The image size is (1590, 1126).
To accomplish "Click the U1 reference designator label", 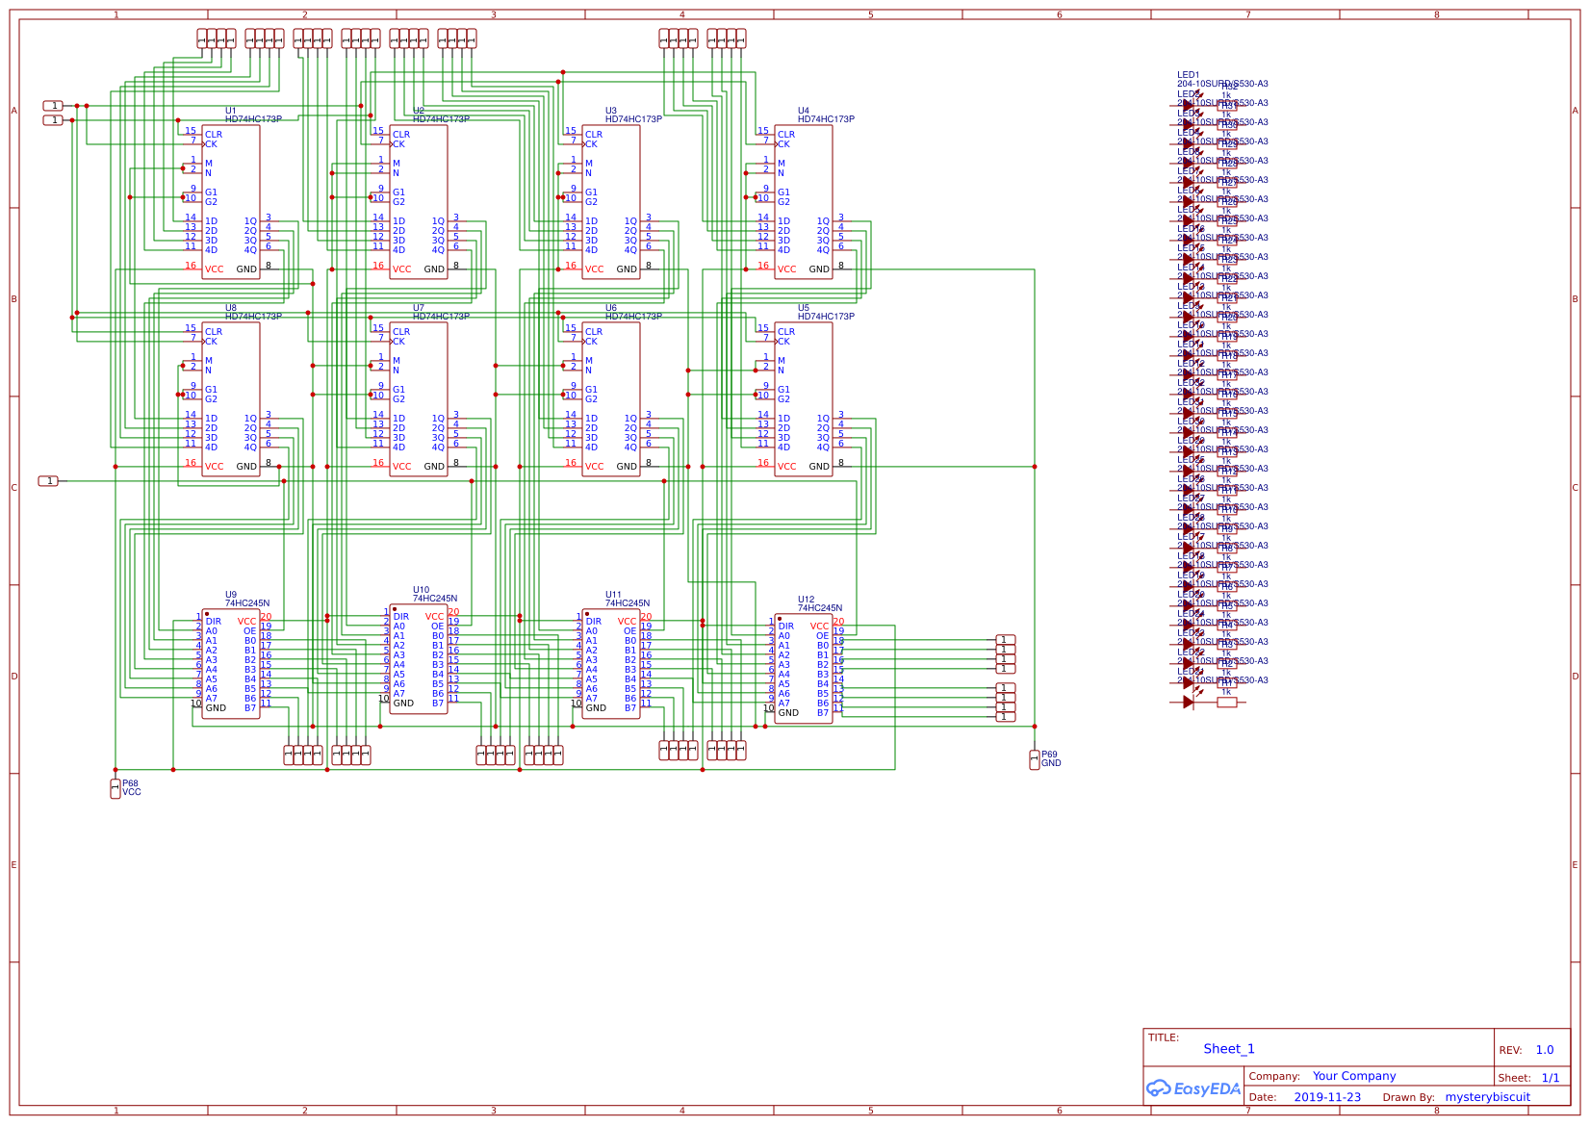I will click(x=230, y=111).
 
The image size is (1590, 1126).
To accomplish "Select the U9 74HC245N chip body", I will click(x=230, y=664).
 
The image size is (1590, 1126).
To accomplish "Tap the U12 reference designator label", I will click(x=806, y=600).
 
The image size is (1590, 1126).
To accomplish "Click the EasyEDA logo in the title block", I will click(x=1193, y=1088).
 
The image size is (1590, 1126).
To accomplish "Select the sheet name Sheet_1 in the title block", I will click(x=1228, y=1049).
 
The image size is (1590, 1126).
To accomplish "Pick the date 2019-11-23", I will click(x=1326, y=1097).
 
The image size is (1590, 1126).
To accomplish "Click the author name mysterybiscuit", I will click(x=1487, y=1097).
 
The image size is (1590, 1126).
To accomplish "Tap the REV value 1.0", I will click(x=1544, y=1050).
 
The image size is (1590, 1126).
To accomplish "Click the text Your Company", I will click(x=1353, y=1076).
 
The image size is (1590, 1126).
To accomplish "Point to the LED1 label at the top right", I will click(x=1188, y=75).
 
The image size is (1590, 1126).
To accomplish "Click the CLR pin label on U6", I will click(x=594, y=332).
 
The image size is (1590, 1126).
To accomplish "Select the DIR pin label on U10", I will click(x=401, y=617).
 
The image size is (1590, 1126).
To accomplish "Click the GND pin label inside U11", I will click(x=596, y=708).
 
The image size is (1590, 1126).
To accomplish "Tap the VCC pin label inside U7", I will click(x=401, y=467).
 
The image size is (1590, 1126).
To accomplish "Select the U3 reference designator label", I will click(x=610, y=111).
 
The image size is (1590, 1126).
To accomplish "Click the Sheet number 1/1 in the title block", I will click(x=1551, y=1078).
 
